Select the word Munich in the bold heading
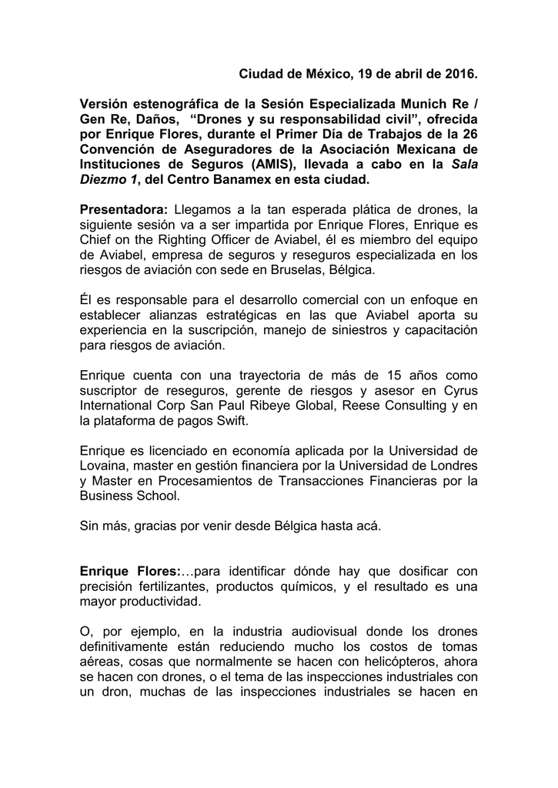coord(416,104)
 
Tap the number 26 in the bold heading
coord(469,134)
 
